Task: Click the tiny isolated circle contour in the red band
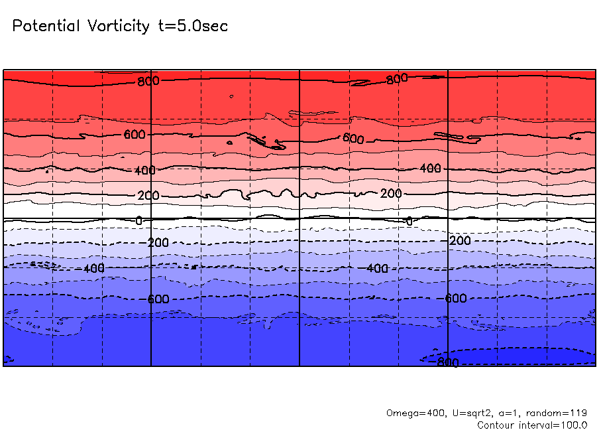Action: coord(231,96)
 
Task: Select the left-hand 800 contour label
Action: coord(148,82)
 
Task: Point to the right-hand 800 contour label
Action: coord(397,79)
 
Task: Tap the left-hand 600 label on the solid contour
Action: coord(135,135)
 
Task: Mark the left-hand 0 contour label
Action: coord(138,220)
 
